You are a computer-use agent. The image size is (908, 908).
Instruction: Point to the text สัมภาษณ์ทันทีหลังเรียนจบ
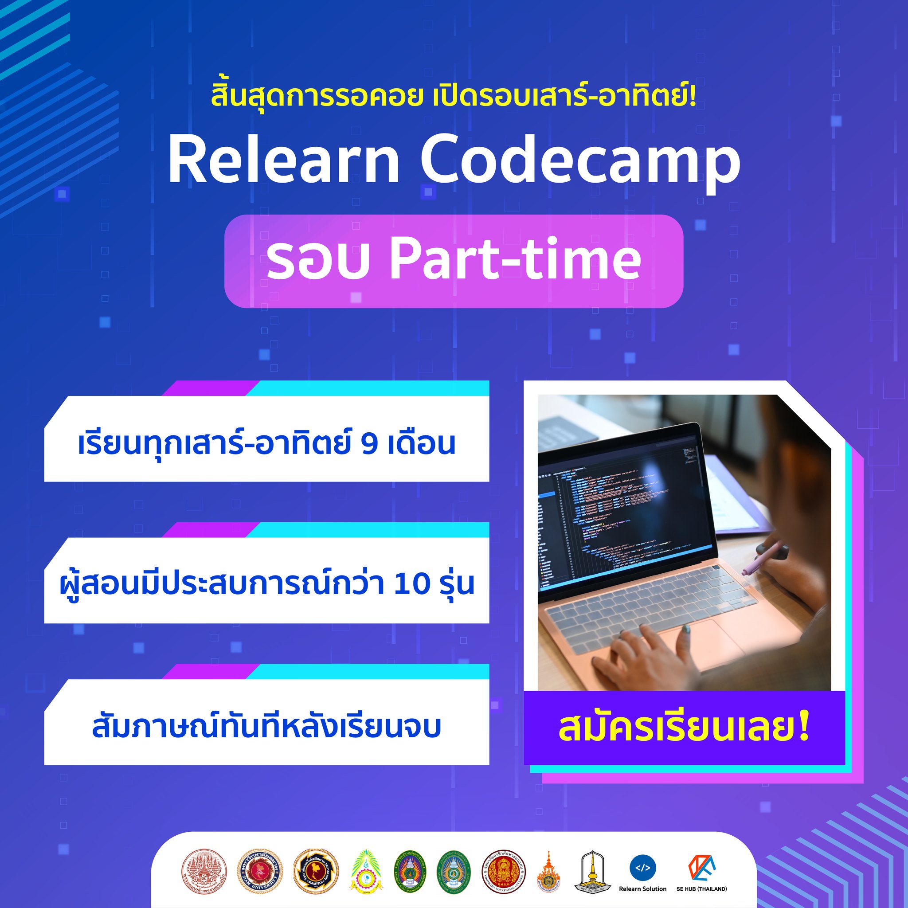click(266, 726)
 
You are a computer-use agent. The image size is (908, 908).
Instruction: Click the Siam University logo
click(259, 871)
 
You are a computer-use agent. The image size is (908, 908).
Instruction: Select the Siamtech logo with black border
click(316, 871)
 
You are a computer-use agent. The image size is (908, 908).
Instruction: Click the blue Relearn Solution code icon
click(642, 868)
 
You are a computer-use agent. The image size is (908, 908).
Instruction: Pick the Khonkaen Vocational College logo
click(503, 871)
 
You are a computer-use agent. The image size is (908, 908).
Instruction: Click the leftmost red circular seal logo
click(204, 871)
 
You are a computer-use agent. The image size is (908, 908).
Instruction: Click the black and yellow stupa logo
click(592, 871)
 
